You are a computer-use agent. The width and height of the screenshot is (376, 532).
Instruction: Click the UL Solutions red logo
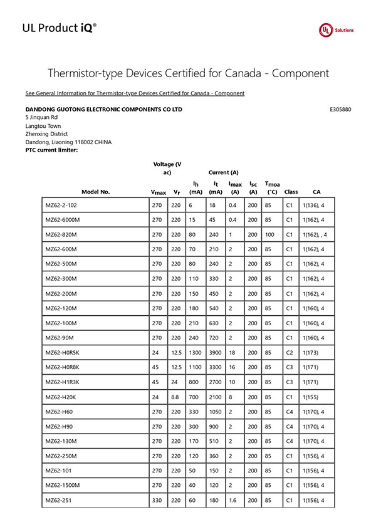pos(326,29)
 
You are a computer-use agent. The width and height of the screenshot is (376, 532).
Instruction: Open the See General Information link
pos(135,93)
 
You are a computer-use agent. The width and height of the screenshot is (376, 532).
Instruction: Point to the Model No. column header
pos(95,192)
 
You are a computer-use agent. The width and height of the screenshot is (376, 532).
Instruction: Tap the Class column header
pos(291,192)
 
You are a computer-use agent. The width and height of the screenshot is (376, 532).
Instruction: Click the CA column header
pos(316,192)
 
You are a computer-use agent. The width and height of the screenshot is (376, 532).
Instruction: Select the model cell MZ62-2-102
pos(61,205)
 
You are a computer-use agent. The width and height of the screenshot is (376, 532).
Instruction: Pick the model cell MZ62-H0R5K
pos(63,353)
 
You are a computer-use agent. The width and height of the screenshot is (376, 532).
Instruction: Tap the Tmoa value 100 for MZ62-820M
pos(269,234)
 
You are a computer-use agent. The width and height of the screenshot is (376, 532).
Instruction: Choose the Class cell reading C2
pos(290,353)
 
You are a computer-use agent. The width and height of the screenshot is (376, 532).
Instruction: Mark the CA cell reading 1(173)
pos(311,353)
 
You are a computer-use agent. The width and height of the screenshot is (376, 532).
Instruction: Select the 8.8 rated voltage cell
pos(175,397)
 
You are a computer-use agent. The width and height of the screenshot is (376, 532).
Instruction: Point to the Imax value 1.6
pos(233,500)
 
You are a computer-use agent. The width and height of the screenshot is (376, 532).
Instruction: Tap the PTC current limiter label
pos(51,150)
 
